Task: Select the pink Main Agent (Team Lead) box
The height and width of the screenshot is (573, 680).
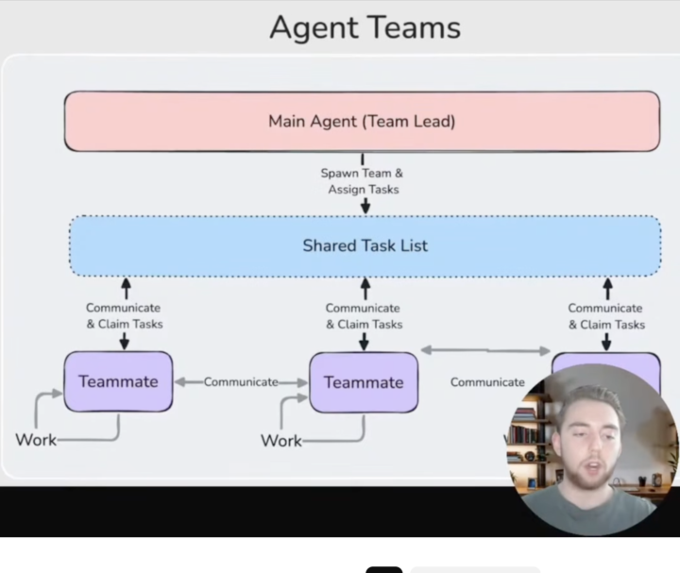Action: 362,121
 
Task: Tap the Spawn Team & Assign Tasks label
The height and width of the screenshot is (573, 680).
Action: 364,181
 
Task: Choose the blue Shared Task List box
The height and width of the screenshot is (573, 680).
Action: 365,245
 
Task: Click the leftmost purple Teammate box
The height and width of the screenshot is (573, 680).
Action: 118,382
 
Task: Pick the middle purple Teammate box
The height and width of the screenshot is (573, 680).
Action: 364,382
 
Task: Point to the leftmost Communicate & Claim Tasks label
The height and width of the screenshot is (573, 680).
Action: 124,316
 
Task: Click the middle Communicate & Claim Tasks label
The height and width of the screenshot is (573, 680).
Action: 364,316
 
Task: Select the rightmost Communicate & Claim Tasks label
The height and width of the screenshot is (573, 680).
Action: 605,316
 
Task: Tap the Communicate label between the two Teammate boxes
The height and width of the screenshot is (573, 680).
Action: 241,382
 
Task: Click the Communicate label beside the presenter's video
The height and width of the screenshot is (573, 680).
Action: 487,382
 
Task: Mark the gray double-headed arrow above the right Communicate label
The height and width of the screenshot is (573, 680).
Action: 485,350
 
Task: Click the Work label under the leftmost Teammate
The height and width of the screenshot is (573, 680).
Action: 36,440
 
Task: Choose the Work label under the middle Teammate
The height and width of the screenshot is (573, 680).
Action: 281,441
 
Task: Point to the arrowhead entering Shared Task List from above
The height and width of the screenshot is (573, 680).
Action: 365,208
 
